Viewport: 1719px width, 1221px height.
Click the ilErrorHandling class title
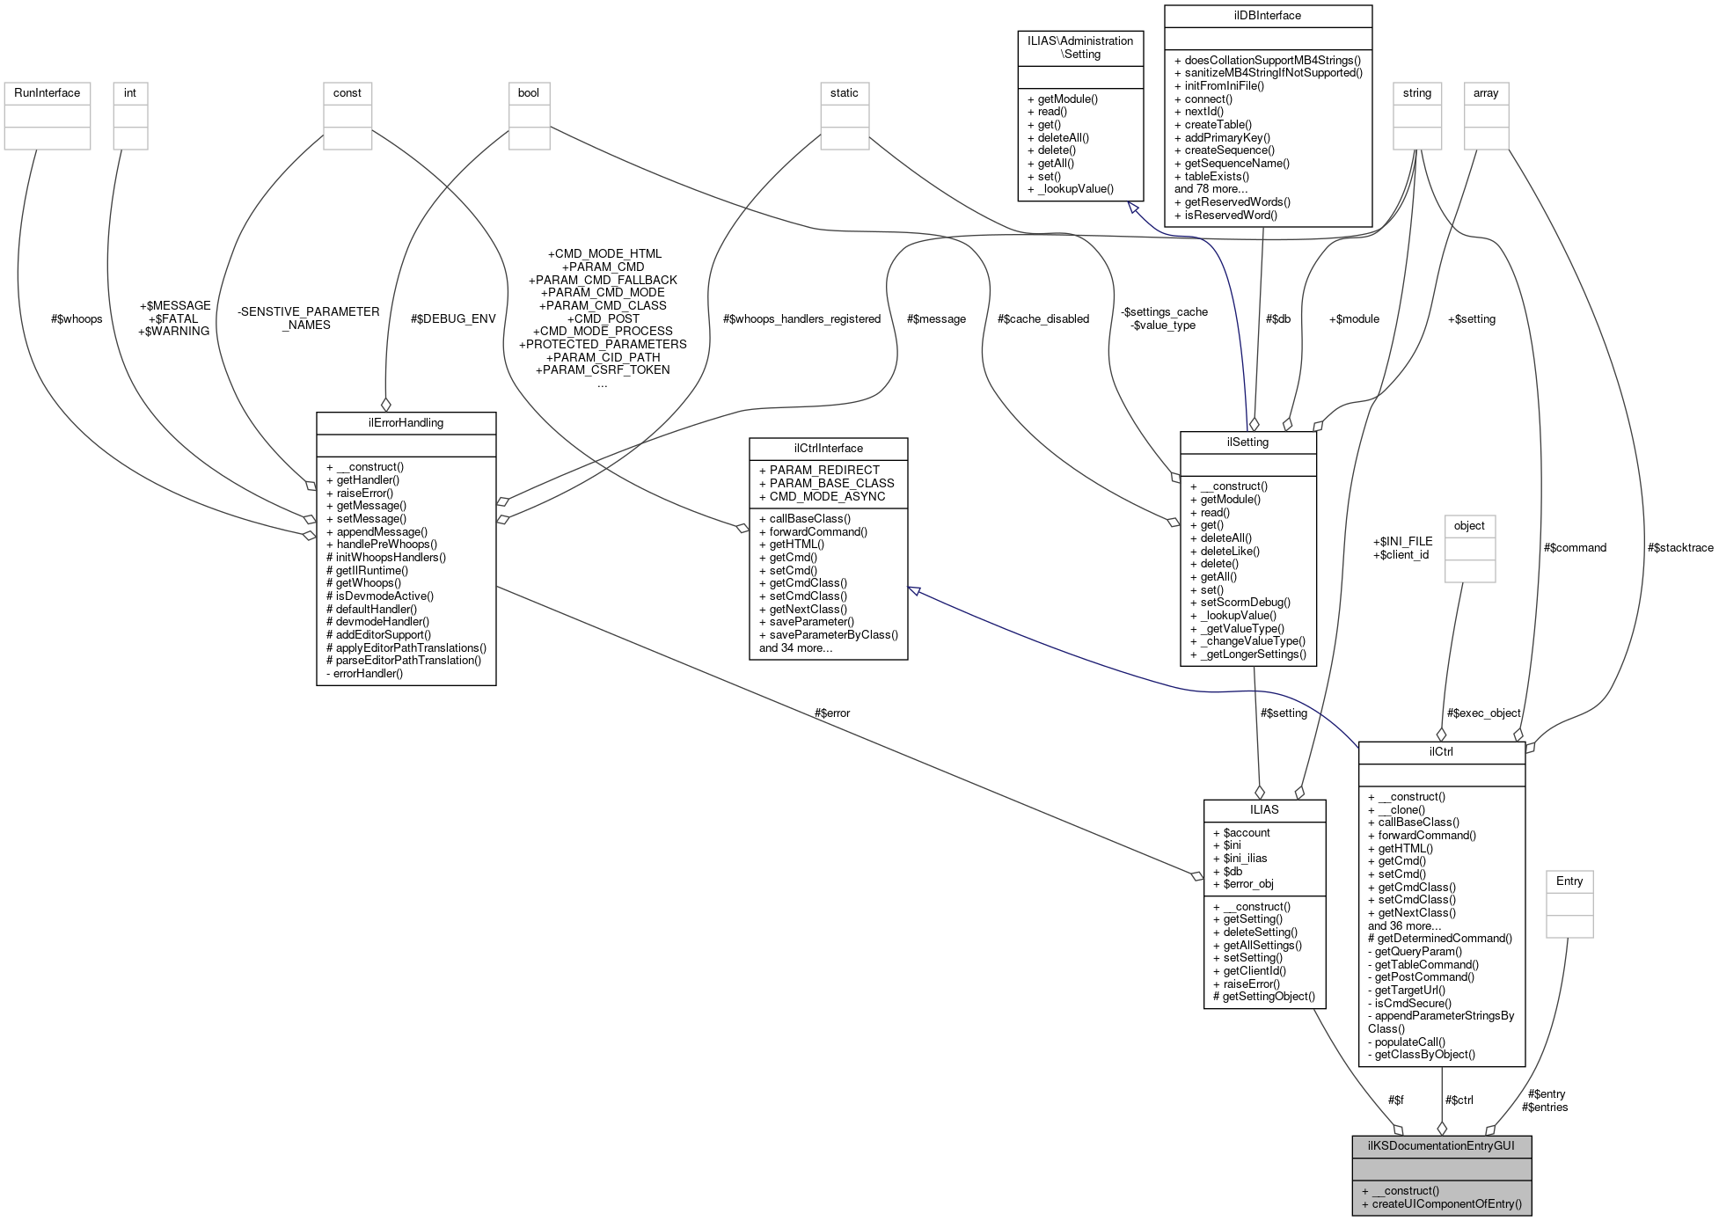point(406,423)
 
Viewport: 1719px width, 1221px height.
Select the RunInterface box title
point(47,93)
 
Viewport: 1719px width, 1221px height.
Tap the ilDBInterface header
point(1267,16)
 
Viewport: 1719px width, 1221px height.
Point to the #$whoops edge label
point(77,319)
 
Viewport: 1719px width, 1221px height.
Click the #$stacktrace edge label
point(1680,548)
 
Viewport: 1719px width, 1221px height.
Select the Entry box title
point(1569,881)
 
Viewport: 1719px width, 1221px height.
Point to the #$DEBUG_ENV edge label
point(453,319)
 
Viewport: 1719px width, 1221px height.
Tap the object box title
point(1469,526)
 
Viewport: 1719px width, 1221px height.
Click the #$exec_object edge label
point(1483,713)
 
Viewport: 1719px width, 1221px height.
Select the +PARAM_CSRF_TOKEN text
point(603,370)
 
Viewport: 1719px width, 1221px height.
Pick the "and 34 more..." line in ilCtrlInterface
point(795,648)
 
